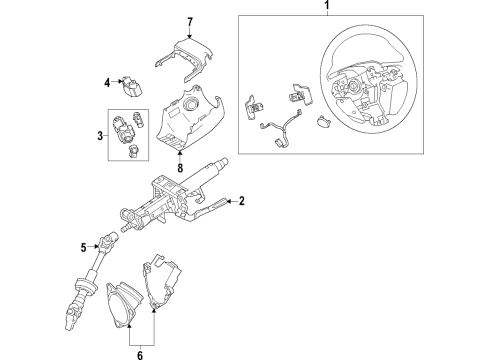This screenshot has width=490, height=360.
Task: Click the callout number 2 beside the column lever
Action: click(241, 202)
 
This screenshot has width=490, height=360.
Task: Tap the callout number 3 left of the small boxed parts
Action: click(99, 135)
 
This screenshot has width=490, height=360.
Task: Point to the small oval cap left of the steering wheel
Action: click(323, 122)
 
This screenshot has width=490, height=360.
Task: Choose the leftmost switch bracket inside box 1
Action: click(256, 103)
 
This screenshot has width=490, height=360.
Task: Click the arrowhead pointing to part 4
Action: click(118, 84)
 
